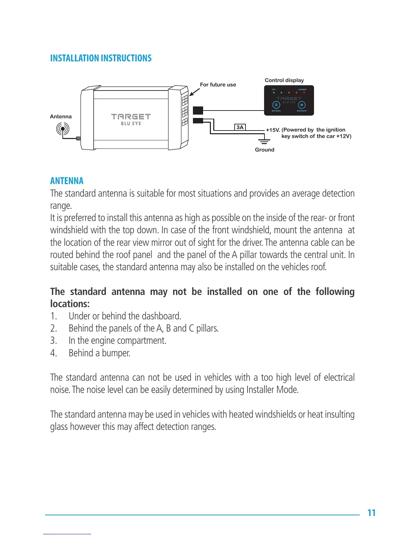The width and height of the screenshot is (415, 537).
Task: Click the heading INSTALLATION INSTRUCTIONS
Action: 101,58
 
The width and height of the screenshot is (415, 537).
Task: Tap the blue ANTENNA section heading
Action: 67,181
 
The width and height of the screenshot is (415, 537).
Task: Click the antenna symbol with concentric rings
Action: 63,129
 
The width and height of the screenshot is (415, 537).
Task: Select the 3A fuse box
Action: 240,127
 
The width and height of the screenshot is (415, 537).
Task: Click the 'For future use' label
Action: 218,85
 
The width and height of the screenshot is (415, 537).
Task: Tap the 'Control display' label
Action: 284,80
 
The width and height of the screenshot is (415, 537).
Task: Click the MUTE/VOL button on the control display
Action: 276,105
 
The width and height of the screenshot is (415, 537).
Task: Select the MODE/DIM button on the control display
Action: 301,105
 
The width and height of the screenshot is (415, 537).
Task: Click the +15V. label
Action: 273,130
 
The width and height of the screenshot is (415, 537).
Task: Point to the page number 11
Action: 371,513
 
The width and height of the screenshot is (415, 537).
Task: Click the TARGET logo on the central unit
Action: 131,117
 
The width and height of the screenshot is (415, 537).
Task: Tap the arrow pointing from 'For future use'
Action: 194,93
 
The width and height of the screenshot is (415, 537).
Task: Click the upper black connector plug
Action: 198,111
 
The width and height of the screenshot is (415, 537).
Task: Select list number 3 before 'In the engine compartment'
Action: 53,341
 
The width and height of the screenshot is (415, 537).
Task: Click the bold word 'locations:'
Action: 70,304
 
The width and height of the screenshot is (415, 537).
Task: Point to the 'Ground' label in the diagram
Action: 264,150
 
